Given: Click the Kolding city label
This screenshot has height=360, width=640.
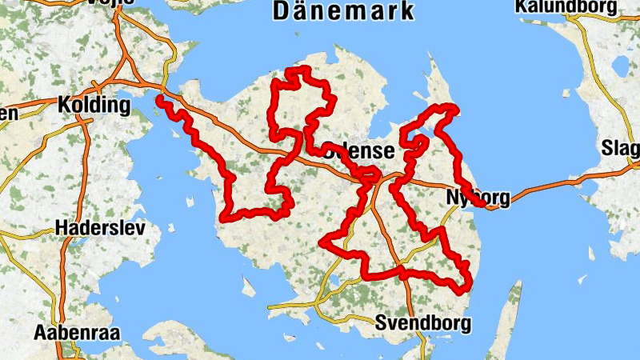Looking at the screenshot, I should point(94,105).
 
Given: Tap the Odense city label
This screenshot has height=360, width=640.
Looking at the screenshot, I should point(358,151).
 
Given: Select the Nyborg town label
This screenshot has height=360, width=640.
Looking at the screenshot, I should point(475,197).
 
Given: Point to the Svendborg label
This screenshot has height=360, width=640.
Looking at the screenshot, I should point(422,323).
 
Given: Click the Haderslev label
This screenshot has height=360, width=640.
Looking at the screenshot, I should point(100,228).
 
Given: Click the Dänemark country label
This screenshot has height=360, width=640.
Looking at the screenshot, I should point(344,11).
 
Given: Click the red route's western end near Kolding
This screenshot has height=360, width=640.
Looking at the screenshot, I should point(161,99).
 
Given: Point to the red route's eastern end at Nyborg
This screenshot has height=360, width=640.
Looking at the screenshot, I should point(483,204).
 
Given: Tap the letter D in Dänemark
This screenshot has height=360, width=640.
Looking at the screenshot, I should point(282,11).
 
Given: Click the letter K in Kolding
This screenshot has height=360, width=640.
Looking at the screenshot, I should point(64,105).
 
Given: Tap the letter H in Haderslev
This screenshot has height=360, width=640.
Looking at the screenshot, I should point(62,228).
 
